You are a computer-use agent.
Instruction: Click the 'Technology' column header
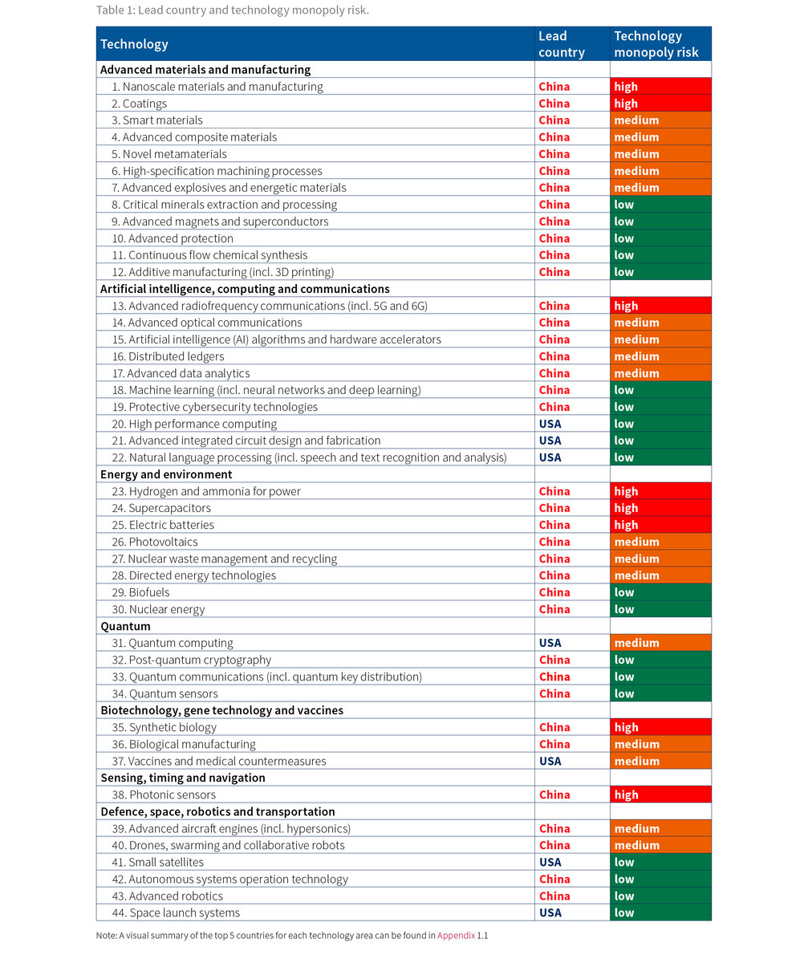135,44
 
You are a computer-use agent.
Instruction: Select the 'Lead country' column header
561,44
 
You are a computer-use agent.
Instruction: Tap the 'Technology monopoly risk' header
656,44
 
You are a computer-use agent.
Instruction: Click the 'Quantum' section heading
125,626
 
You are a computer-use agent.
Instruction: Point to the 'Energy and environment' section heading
166,474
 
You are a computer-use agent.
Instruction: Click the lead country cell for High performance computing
550,424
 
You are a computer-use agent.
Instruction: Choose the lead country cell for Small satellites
550,862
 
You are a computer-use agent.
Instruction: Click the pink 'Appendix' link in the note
456,935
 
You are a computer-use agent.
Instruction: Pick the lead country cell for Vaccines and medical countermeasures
550,761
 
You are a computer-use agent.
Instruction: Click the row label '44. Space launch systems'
176,912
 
